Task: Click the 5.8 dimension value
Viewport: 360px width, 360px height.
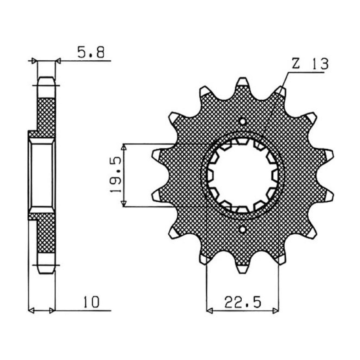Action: pos(91,53)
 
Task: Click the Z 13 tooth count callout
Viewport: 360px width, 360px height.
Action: pos(309,64)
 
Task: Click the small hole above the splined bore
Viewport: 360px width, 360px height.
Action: pos(243,121)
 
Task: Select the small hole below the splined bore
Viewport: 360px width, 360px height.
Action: pos(243,229)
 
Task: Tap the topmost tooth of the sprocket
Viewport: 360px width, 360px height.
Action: pos(243,82)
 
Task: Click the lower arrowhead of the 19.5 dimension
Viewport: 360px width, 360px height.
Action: pos(125,203)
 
